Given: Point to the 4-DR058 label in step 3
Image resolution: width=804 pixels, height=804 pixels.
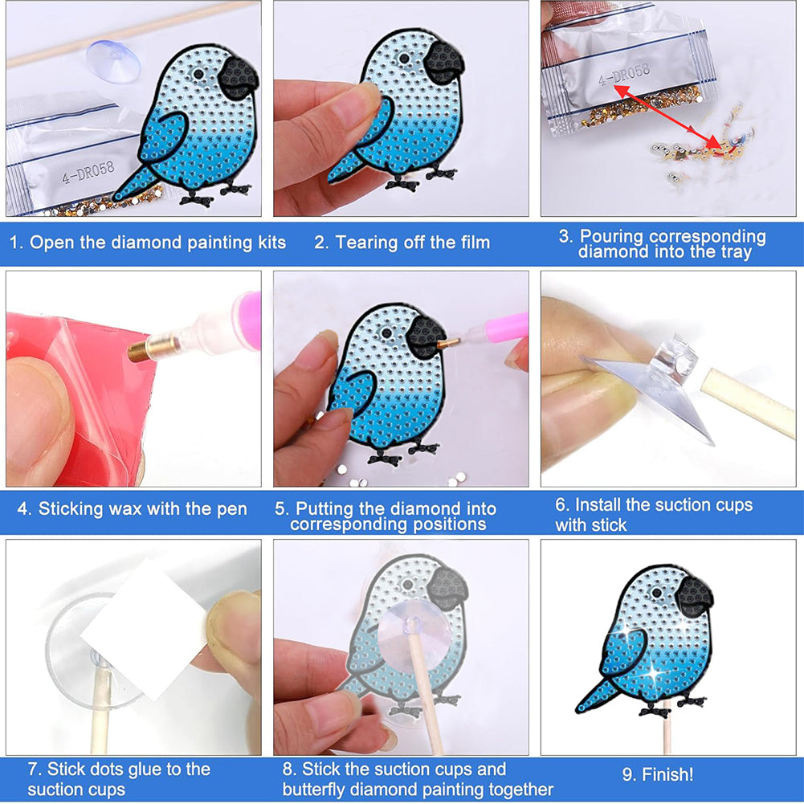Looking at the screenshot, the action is coord(623,75).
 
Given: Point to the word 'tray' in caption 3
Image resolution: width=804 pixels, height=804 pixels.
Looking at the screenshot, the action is coord(736,252).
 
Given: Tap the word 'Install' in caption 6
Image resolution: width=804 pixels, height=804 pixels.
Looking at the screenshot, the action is coord(595,505).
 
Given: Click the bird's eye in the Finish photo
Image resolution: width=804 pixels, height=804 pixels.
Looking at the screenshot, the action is coord(656,594).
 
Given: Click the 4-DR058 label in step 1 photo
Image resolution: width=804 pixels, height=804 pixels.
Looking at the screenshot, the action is coord(88,173).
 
